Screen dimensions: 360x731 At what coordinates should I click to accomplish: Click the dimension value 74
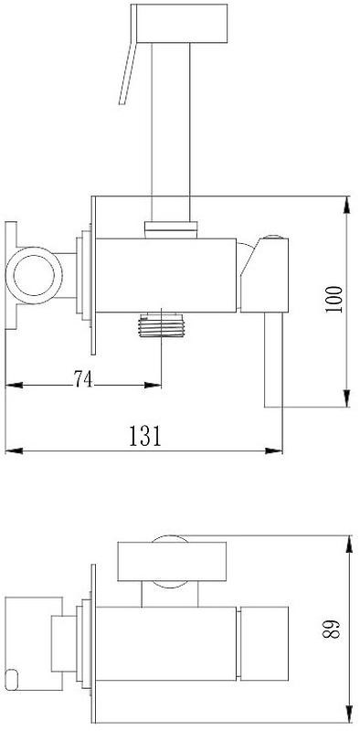tap(83, 379)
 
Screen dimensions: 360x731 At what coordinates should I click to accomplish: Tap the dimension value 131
tap(145, 437)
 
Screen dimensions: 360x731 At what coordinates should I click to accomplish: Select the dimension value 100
tap(334, 299)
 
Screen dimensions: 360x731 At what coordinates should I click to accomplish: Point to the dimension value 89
tap(331, 630)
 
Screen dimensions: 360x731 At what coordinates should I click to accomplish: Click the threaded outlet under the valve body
tap(162, 324)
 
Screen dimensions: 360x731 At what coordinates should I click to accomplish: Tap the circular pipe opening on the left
tap(34, 276)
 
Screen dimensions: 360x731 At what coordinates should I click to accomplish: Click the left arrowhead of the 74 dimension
tap(14, 385)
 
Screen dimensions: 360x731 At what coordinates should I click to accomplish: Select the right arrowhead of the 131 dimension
tap(274, 450)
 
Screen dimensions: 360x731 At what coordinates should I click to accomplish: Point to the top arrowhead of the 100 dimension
tap(346, 205)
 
